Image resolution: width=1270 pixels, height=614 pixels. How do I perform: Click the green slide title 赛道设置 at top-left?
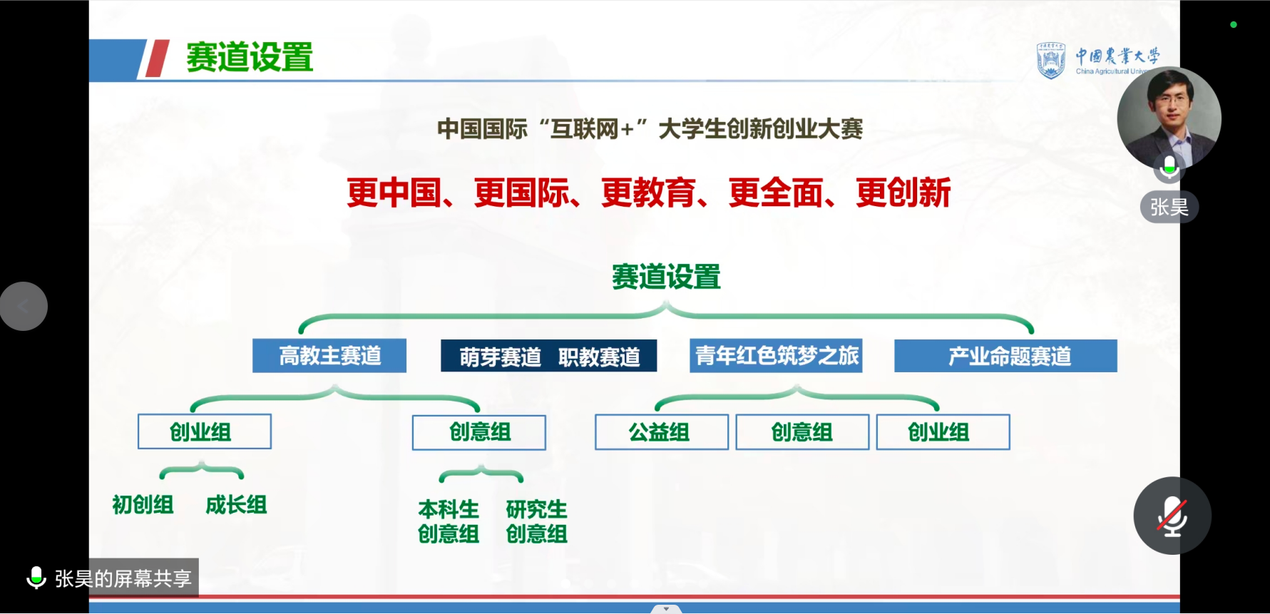point(250,57)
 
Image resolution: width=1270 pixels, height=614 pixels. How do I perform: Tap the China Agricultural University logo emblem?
point(1050,60)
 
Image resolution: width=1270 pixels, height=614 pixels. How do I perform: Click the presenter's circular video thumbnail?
point(1169,118)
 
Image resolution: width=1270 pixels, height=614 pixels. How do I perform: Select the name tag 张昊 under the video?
point(1169,208)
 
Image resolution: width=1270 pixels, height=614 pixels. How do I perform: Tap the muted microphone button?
point(1172,516)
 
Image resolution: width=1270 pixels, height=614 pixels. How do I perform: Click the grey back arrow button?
point(24,306)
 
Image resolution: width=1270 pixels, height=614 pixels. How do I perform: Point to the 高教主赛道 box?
point(329,355)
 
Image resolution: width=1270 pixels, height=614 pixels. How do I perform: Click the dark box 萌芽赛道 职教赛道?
point(548,356)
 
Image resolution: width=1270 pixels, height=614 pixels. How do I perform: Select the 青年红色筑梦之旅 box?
point(776,355)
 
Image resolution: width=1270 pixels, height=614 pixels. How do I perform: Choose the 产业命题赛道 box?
point(1005,356)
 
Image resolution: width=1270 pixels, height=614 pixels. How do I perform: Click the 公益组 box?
point(662,432)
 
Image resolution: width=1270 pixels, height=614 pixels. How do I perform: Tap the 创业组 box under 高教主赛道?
point(205,431)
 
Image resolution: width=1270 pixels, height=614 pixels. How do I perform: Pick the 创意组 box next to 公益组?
point(802,432)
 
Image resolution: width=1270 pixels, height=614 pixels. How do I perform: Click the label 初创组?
point(143,505)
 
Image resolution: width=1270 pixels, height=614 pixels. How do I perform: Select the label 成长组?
point(236,505)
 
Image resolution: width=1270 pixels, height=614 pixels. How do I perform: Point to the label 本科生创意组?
point(449,521)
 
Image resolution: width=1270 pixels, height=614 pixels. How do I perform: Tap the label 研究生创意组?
point(537,521)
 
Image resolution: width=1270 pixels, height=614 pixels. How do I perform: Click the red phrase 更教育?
point(648,193)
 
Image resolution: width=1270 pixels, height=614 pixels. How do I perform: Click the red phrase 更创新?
point(903,193)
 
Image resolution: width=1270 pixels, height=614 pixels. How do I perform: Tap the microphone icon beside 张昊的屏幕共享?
point(36,578)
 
